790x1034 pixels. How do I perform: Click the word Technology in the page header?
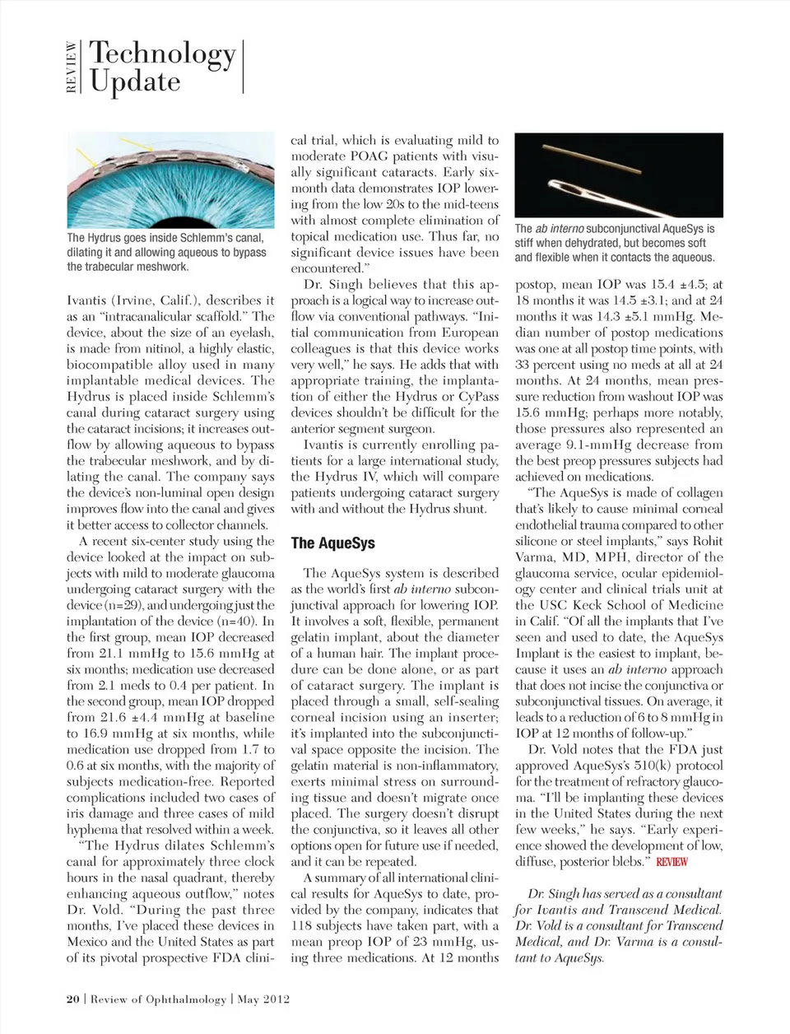pos(162,54)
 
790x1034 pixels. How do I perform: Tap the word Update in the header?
pos(135,82)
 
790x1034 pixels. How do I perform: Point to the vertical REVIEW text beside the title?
pos(72,68)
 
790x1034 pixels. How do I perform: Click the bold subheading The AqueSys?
pos(332,543)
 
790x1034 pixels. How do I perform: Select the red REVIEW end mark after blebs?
pos(671,862)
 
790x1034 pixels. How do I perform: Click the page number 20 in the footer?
pos(73,999)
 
